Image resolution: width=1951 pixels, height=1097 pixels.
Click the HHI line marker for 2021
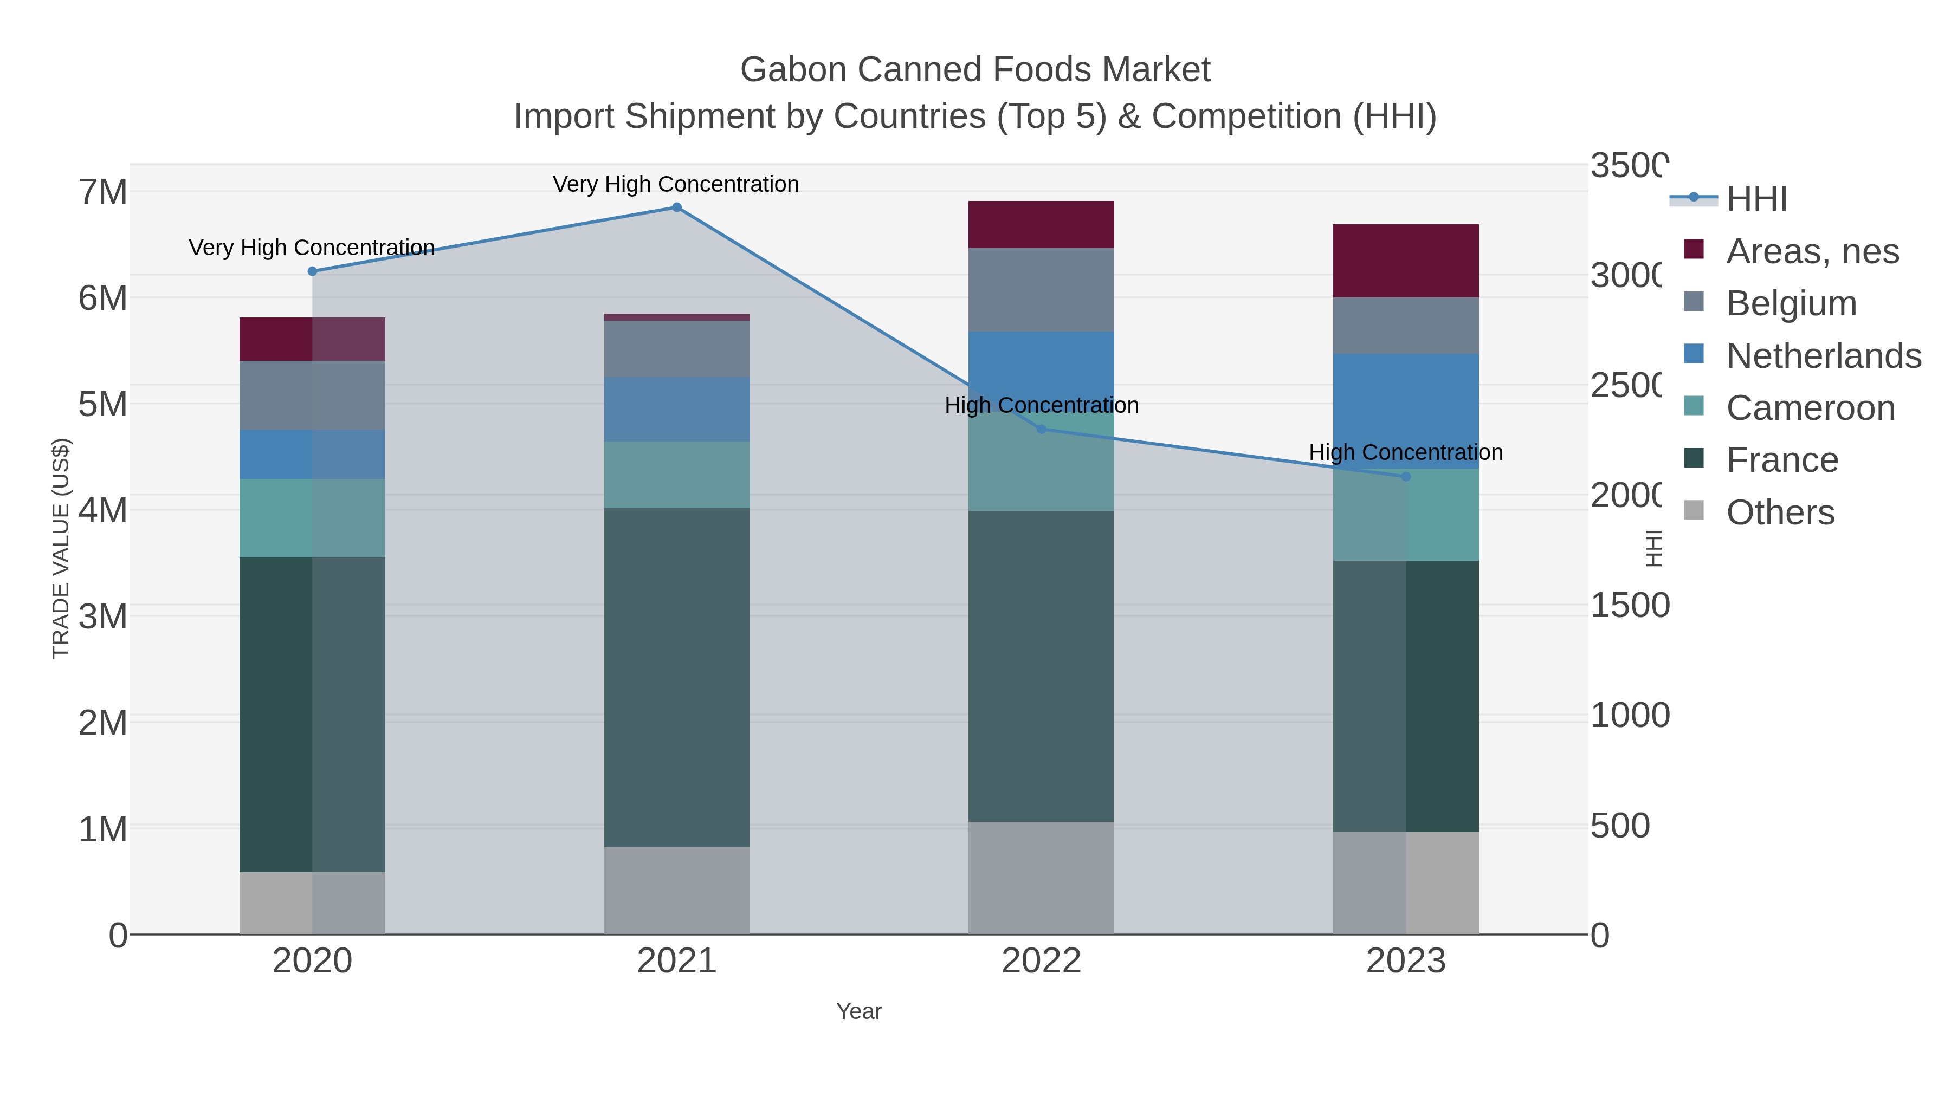tap(676, 207)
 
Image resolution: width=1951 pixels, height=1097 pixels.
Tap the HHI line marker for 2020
tap(312, 271)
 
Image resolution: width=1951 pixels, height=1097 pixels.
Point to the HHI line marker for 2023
tap(1406, 477)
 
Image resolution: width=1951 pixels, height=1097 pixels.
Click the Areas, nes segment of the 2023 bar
tap(1406, 261)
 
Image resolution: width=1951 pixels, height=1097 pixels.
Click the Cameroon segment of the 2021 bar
tap(676, 475)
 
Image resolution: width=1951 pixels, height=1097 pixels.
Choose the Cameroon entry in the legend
tap(1810, 408)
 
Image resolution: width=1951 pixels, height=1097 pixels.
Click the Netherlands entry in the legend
tap(1823, 356)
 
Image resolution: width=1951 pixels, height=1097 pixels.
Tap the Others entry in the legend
tap(1780, 512)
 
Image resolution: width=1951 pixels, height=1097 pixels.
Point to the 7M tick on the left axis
tap(102, 192)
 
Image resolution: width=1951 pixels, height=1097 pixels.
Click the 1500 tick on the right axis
tap(1629, 605)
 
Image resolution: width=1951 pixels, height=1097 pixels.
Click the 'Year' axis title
tap(859, 1011)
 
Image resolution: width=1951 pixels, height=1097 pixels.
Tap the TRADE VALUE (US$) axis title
tap(61, 548)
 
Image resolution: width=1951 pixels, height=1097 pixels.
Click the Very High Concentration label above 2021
tap(676, 184)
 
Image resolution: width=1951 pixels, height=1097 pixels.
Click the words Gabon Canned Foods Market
tap(975, 70)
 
